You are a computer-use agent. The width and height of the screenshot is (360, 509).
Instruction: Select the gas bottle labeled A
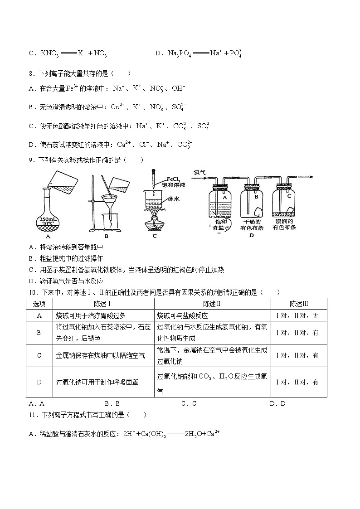(224, 201)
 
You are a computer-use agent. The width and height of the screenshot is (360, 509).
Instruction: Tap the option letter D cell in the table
(39, 382)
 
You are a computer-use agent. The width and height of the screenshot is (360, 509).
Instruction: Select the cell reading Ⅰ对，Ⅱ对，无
(298, 315)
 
